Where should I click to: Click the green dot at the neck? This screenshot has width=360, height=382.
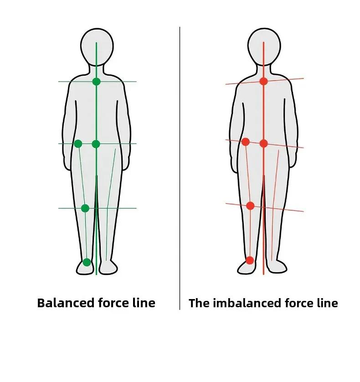(96, 82)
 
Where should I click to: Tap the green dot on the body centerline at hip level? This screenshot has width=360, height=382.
(96, 144)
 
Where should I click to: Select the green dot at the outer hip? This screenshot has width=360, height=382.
(78, 144)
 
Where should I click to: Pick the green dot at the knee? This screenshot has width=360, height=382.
(85, 208)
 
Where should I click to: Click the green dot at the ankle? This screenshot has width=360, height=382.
(87, 262)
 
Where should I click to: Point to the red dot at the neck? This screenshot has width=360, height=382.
(263, 81)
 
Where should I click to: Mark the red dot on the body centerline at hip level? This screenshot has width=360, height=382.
(263, 144)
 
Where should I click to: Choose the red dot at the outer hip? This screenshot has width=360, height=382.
(245, 142)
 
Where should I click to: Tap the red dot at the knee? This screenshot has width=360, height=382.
(250, 206)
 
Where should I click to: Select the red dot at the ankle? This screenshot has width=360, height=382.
(250, 260)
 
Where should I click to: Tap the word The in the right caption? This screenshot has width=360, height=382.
(198, 303)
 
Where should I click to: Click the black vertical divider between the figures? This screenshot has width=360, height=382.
(180, 169)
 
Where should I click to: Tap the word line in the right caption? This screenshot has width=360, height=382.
(327, 303)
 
